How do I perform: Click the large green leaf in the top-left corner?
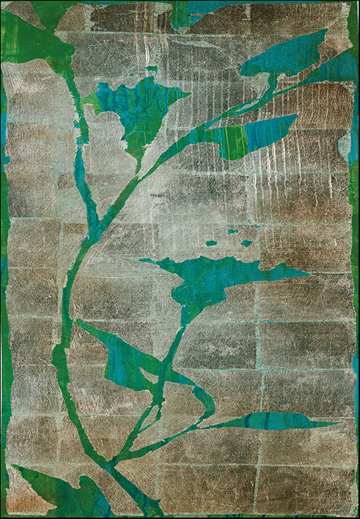[x=32, y=39]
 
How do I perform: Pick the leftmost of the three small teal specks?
[x=211, y=243]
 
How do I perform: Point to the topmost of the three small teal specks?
[x=232, y=231]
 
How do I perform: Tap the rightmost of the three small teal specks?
[x=246, y=243]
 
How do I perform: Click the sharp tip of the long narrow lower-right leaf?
[x=339, y=424]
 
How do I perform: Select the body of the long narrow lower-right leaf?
[x=274, y=421]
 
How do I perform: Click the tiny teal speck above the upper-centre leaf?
[x=152, y=69]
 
